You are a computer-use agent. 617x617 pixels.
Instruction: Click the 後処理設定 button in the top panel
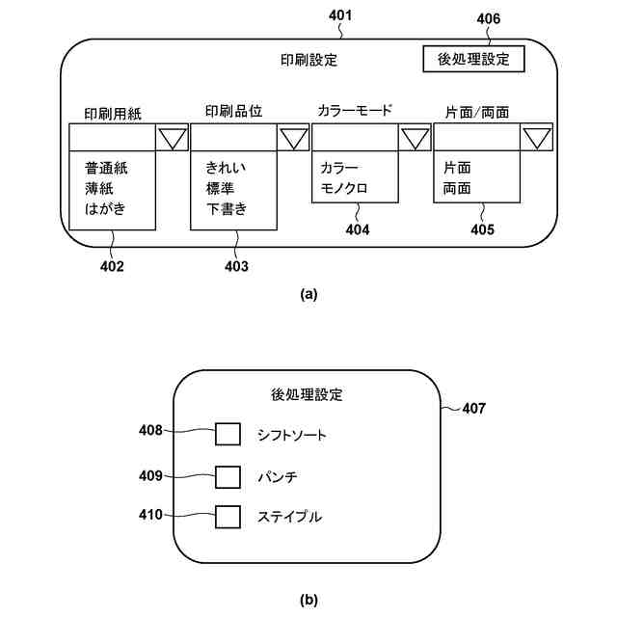(472, 59)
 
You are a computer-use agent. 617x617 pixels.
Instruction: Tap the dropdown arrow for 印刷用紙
(172, 138)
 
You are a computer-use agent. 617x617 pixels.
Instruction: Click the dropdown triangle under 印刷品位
(293, 138)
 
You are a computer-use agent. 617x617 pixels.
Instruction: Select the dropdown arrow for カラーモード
(415, 138)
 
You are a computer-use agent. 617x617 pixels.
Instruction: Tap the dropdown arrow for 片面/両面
(536, 138)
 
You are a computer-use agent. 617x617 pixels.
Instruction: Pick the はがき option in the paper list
(106, 208)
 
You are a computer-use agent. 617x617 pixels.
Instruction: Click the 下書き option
(227, 208)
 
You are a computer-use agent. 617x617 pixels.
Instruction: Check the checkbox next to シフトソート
(228, 435)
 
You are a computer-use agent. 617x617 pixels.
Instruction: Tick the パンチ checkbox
(228, 476)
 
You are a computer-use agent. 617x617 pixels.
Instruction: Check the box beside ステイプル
(228, 517)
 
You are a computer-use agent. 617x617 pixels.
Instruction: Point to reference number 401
(341, 15)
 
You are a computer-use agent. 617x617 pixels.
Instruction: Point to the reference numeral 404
(358, 229)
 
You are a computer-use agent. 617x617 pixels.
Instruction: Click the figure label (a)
(308, 294)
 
